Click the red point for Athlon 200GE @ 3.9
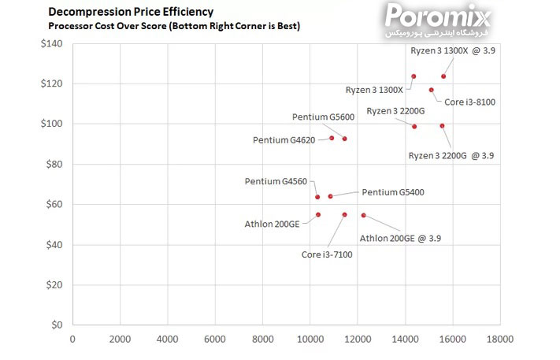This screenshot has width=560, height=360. (x=363, y=215)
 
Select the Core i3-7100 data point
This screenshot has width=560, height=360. (x=344, y=214)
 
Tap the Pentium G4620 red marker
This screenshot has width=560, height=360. (x=332, y=138)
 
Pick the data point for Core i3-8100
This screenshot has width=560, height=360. (x=431, y=90)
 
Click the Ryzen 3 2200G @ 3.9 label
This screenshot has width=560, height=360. (x=451, y=155)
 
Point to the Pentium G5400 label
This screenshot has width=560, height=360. (x=393, y=192)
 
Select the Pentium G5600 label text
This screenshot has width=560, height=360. (x=323, y=117)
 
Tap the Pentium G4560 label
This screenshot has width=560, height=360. (x=276, y=181)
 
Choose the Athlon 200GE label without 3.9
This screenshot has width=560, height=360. (x=272, y=224)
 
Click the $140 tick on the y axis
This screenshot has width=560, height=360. (x=50, y=43)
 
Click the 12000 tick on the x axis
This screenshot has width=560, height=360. (x=358, y=340)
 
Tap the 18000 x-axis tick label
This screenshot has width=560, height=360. (x=499, y=340)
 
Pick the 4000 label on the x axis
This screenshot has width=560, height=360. (x=168, y=340)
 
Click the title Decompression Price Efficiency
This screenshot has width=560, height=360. (x=130, y=13)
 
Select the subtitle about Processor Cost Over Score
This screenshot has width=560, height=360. (x=174, y=26)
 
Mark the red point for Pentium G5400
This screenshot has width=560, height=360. (x=330, y=196)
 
